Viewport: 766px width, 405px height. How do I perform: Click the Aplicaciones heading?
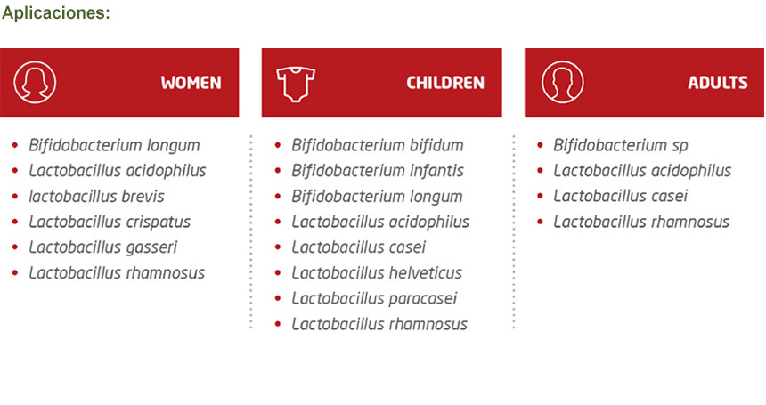coord(56,13)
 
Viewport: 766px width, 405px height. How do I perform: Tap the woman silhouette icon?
coord(35,82)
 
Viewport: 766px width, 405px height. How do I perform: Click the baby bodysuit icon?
coord(296,84)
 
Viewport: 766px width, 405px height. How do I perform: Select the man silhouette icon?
coord(562,82)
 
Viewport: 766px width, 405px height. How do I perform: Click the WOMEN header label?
coord(191,83)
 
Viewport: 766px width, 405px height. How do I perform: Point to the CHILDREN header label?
coord(445,83)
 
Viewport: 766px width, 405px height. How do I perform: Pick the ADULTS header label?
coord(718,83)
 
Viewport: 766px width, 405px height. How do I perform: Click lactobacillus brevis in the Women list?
coord(96,196)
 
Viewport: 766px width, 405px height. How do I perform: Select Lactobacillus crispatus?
coord(110,222)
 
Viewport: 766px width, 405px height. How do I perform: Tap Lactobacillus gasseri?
coord(102,247)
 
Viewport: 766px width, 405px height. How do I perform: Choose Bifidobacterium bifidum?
coord(377,145)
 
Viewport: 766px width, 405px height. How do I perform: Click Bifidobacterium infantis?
coord(378,170)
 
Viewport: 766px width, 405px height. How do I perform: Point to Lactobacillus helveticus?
coord(377,272)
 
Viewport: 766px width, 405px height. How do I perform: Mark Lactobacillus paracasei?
coord(374,298)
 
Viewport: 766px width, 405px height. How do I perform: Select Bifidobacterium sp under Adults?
coord(621,145)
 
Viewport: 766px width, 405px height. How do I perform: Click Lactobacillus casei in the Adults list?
coord(621,196)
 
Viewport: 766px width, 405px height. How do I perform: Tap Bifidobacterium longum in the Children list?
coord(377,197)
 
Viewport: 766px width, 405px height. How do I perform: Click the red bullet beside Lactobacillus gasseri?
coord(15,247)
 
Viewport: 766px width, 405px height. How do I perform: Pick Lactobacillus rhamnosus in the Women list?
coord(117,272)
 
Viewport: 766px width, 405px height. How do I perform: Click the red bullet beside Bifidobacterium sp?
coord(540,145)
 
